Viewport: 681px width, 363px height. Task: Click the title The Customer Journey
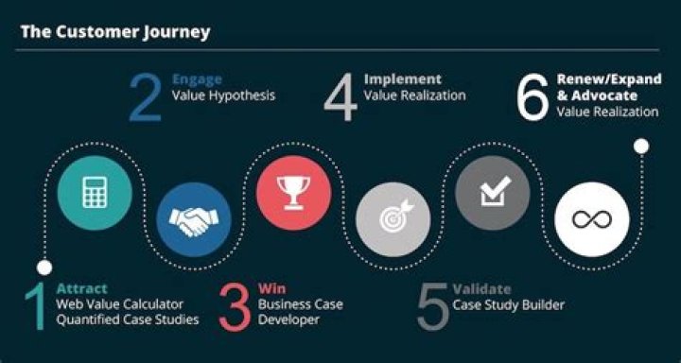tap(115, 31)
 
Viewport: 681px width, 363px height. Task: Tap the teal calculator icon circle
tap(94, 194)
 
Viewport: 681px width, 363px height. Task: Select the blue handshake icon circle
tap(193, 220)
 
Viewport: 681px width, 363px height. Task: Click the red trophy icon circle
tap(293, 194)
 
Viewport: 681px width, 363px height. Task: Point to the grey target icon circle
tap(393, 220)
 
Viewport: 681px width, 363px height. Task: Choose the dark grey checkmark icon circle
tap(492, 194)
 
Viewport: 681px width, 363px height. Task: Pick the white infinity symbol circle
tap(591, 220)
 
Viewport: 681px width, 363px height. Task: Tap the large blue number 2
tap(145, 97)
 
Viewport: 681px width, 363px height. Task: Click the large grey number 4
tap(340, 97)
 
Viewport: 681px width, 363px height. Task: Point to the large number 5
tap(432, 304)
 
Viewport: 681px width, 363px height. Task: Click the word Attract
tap(81, 288)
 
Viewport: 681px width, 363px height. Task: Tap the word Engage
tap(196, 80)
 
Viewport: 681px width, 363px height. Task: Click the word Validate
tap(481, 288)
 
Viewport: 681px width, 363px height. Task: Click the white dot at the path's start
tap(44, 268)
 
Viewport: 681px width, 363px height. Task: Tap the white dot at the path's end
tap(641, 146)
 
